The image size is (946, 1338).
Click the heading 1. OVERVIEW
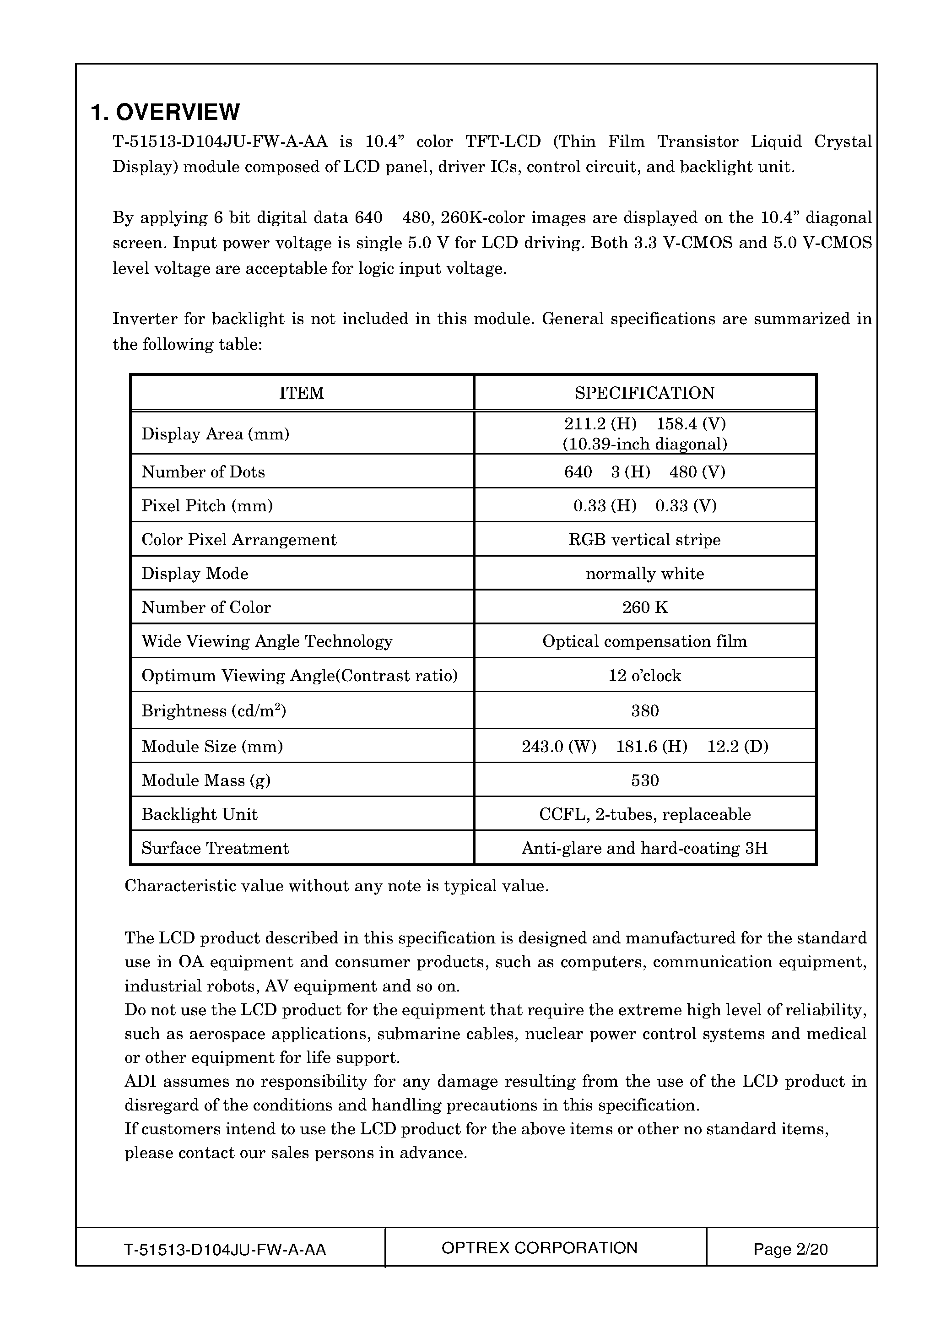[165, 112]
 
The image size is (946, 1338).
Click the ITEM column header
[301, 393]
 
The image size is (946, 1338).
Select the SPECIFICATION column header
[644, 393]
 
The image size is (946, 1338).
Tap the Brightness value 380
[645, 710]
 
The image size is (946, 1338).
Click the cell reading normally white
[644, 574]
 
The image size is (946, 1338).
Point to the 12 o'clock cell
[644, 676]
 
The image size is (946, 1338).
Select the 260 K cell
[645, 607]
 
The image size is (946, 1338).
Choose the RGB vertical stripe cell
[644, 540]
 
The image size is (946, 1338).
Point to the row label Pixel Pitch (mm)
[207, 505]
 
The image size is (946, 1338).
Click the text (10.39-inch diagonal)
[644, 444]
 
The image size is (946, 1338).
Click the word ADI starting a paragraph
[139, 1082]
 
